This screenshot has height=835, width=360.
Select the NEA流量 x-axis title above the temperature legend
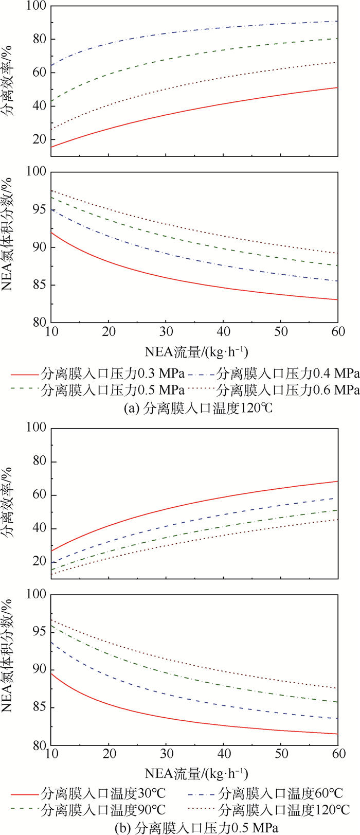coord(196,773)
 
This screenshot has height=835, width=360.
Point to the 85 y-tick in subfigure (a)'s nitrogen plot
coord(39,285)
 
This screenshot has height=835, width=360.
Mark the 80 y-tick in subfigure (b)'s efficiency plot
coord(39,461)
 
